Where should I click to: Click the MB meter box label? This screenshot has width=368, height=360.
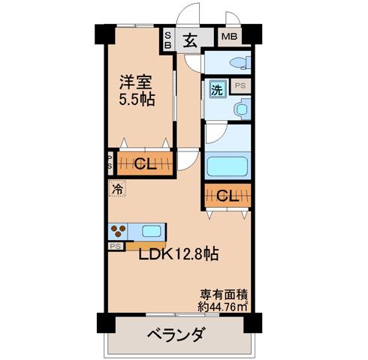pyautogui.click(x=230, y=37)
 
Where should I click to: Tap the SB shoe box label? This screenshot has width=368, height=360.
pyautogui.click(x=168, y=40)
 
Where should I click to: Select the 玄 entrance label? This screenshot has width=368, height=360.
pyautogui.click(x=190, y=40)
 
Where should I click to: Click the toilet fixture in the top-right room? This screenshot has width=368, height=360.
pyautogui.click(x=240, y=62)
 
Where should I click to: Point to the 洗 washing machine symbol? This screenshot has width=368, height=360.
pyautogui.click(x=217, y=89)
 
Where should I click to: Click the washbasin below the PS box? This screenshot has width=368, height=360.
pyautogui.click(x=243, y=109)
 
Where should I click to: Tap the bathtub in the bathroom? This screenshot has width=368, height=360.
pyautogui.click(x=228, y=166)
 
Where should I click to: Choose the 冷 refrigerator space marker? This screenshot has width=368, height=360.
pyautogui.click(x=117, y=188)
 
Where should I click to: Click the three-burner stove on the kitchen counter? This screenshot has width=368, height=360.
pyautogui.click(x=118, y=231)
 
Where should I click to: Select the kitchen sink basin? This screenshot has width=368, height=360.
pyautogui.click(x=151, y=231)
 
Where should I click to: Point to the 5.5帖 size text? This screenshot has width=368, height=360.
pyautogui.click(x=137, y=100)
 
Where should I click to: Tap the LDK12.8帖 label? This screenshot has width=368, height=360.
pyautogui.click(x=179, y=253)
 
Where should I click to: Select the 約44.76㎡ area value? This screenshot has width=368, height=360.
pyautogui.click(x=223, y=306)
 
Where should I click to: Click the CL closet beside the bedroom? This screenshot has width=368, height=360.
pyautogui.click(x=145, y=163)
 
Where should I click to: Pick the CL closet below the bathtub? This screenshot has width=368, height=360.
pyautogui.click(x=228, y=196)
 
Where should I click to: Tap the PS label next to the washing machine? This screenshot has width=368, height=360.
pyautogui.click(x=240, y=85)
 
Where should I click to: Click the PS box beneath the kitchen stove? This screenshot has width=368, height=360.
pyautogui.click(x=116, y=247)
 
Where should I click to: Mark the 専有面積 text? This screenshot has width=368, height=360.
pyautogui.click(x=224, y=295)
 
